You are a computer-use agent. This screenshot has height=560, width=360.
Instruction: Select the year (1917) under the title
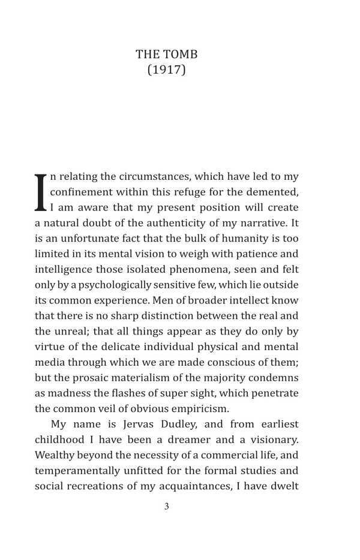167,70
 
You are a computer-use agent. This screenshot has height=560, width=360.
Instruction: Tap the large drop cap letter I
41,192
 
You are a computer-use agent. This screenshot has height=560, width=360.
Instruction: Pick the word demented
274,192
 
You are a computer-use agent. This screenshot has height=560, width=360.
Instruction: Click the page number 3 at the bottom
167,507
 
